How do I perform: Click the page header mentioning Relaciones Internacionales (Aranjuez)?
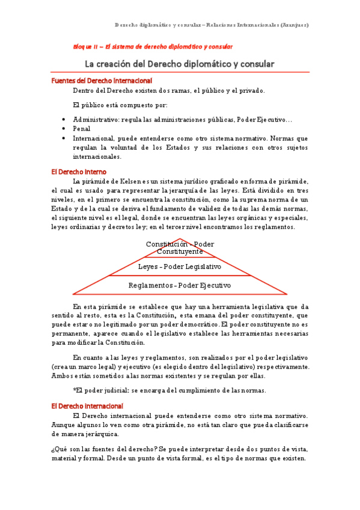212,25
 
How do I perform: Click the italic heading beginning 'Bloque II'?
153,46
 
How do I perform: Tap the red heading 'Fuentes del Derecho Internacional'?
102,81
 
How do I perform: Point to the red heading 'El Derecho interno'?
79,171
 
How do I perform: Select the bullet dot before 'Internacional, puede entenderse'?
64,138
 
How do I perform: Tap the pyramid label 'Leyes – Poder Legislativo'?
180,266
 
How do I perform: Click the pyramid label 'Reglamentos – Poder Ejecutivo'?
180,284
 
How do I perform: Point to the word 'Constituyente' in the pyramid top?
180,251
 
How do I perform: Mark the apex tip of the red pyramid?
180,238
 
